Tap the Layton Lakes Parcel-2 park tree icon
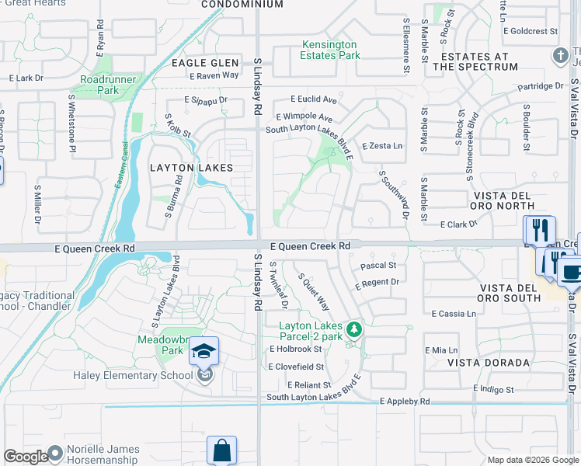(x=354, y=330)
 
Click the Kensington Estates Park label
(x=331, y=50)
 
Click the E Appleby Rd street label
(x=405, y=402)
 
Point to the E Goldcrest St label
(x=531, y=31)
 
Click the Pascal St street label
(x=378, y=266)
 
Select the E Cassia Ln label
(x=454, y=314)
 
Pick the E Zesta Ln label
(x=383, y=146)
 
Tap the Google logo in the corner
(x=25, y=457)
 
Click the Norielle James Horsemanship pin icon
(x=54, y=453)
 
